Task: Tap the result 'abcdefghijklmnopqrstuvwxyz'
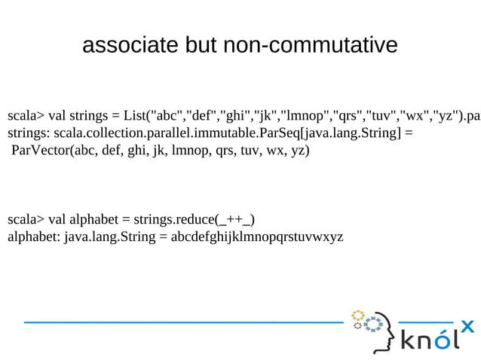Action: click(257, 236)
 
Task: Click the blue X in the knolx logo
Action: click(467, 326)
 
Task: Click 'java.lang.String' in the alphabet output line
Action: click(110, 236)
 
